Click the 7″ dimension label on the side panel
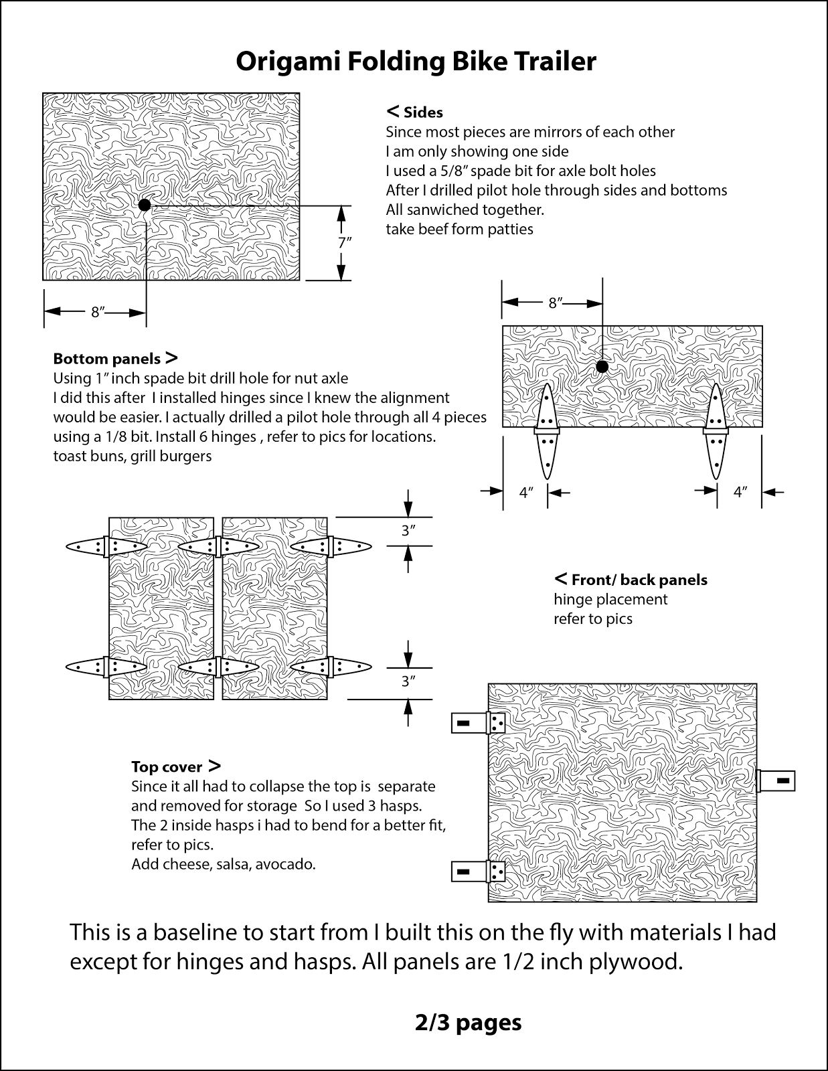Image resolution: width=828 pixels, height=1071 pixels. click(x=344, y=242)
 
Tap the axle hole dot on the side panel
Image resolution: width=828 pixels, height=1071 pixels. click(x=145, y=205)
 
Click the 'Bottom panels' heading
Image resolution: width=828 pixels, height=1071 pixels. click(x=107, y=359)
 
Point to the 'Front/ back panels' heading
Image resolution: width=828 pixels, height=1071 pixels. click(x=639, y=580)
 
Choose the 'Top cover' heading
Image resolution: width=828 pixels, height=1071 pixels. click(x=167, y=767)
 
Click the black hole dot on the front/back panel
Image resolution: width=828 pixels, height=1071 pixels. click(x=602, y=367)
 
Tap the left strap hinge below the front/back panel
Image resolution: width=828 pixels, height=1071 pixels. click(x=548, y=432)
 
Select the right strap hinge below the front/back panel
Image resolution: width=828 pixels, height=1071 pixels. click(x=716, y=432)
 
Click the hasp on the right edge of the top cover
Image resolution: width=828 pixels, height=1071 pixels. click(x=777, y=780)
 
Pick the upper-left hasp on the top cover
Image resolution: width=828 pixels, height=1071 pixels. click(x=478, y=723)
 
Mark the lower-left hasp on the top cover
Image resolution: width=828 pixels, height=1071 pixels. click(x=478, y=872)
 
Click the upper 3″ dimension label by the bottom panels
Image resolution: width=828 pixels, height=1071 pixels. click(x=408, y=531)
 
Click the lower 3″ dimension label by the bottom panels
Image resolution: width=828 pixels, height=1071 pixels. click(x=408, y=681)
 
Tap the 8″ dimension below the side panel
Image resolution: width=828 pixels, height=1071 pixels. click(x=98, y=312)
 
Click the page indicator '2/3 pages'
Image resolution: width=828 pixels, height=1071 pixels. click(x=468, y=1022)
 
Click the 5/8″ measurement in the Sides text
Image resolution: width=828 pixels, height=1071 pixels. click(x=449, y=171)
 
